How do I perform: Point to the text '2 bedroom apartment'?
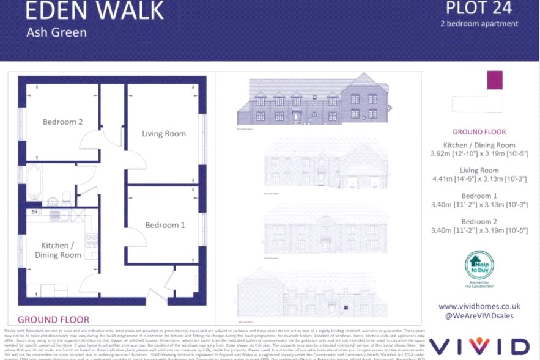tap(479, 24)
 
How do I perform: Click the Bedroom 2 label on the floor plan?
tap(62, 122)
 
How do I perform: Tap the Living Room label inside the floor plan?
tap(164, 133)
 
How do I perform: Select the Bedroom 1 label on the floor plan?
tap(165, 225)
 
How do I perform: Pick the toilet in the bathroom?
tap(65, 197)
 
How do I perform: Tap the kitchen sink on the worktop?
tap(61, 215)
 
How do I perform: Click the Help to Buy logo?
tap(479, 266)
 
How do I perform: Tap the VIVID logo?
tap(479, 345)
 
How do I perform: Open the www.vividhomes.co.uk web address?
tap(479, 306)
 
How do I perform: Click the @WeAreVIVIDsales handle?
tap(479, 315)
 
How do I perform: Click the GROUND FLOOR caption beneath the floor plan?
tap(53, 319)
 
